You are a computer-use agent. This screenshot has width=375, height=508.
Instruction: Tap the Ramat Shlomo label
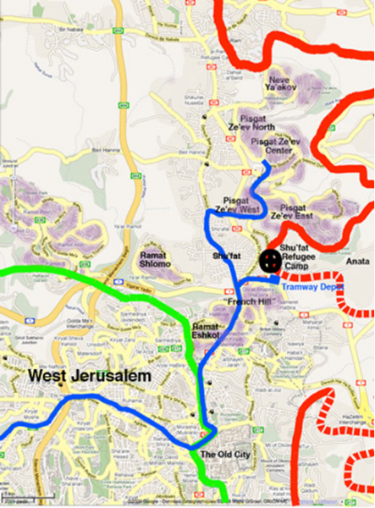pos(156,259)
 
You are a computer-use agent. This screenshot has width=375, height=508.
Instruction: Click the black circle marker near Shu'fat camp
pos(270,261)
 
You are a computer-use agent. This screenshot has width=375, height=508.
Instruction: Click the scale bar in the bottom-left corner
pos(15,495)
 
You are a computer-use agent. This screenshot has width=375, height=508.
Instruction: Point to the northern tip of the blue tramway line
pos(266,163)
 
